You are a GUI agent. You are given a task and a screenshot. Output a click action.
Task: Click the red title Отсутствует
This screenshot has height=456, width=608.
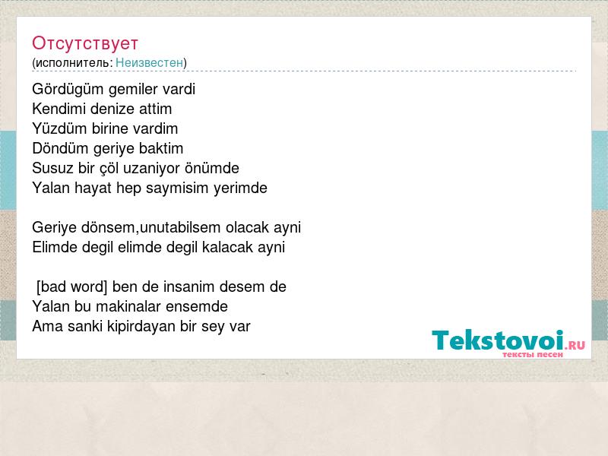click(85, 43)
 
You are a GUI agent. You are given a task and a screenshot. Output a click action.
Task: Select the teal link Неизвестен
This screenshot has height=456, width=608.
click(149, 62)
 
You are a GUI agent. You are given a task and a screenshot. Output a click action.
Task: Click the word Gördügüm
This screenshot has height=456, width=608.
click(68, 90)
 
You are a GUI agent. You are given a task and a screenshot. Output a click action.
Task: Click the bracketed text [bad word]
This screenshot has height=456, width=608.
click(71, 287)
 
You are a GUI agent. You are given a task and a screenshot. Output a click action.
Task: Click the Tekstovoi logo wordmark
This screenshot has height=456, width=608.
click(498, 340)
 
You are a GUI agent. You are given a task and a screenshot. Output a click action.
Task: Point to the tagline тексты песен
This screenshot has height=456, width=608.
click(533, 354)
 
